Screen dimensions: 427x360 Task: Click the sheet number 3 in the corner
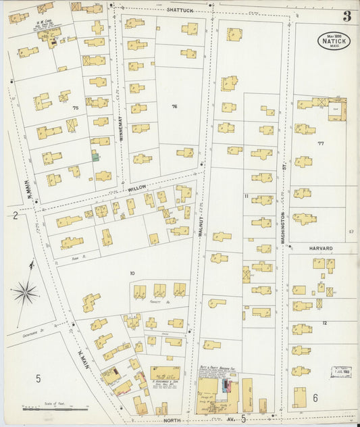point(346,16)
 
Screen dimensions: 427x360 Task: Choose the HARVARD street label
point(322,249)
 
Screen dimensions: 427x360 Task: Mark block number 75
point(76,107)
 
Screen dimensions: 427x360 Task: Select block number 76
point(174,107)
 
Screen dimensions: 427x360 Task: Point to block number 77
point(321,143)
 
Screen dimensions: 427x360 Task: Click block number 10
point(132,273)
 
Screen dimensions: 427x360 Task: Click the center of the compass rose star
point(26,293)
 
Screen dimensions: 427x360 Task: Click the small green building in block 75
point(95,156)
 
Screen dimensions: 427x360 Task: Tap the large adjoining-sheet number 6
point(315,398)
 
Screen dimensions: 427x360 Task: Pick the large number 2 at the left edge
point(14,216)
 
